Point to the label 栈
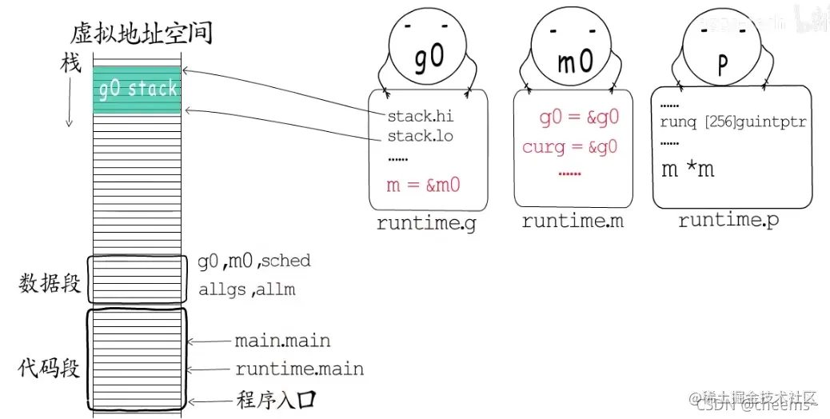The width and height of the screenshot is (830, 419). pyautogui.click(x=71, y=64)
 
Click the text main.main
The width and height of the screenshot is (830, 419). pyautogui.click(x=282, y=341)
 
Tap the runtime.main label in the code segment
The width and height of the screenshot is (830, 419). pyautogui.click(x=299, y=369)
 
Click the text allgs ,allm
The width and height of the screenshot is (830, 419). pyautogui.click(x=246, y=289)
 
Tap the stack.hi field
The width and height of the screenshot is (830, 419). pyautogui.click(x=420, y=117)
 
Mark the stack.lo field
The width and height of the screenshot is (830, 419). pyautogui.click(x=420, y=136)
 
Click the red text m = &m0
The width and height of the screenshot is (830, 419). pyautogui.click(x=423, y=185)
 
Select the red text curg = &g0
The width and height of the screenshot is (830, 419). pyautogui.click(x=569, y=147)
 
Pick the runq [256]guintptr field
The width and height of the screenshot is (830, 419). pyautogui.click(x=732, y=122)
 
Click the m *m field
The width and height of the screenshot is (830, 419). pyautogui.click(x=688, y=169)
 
